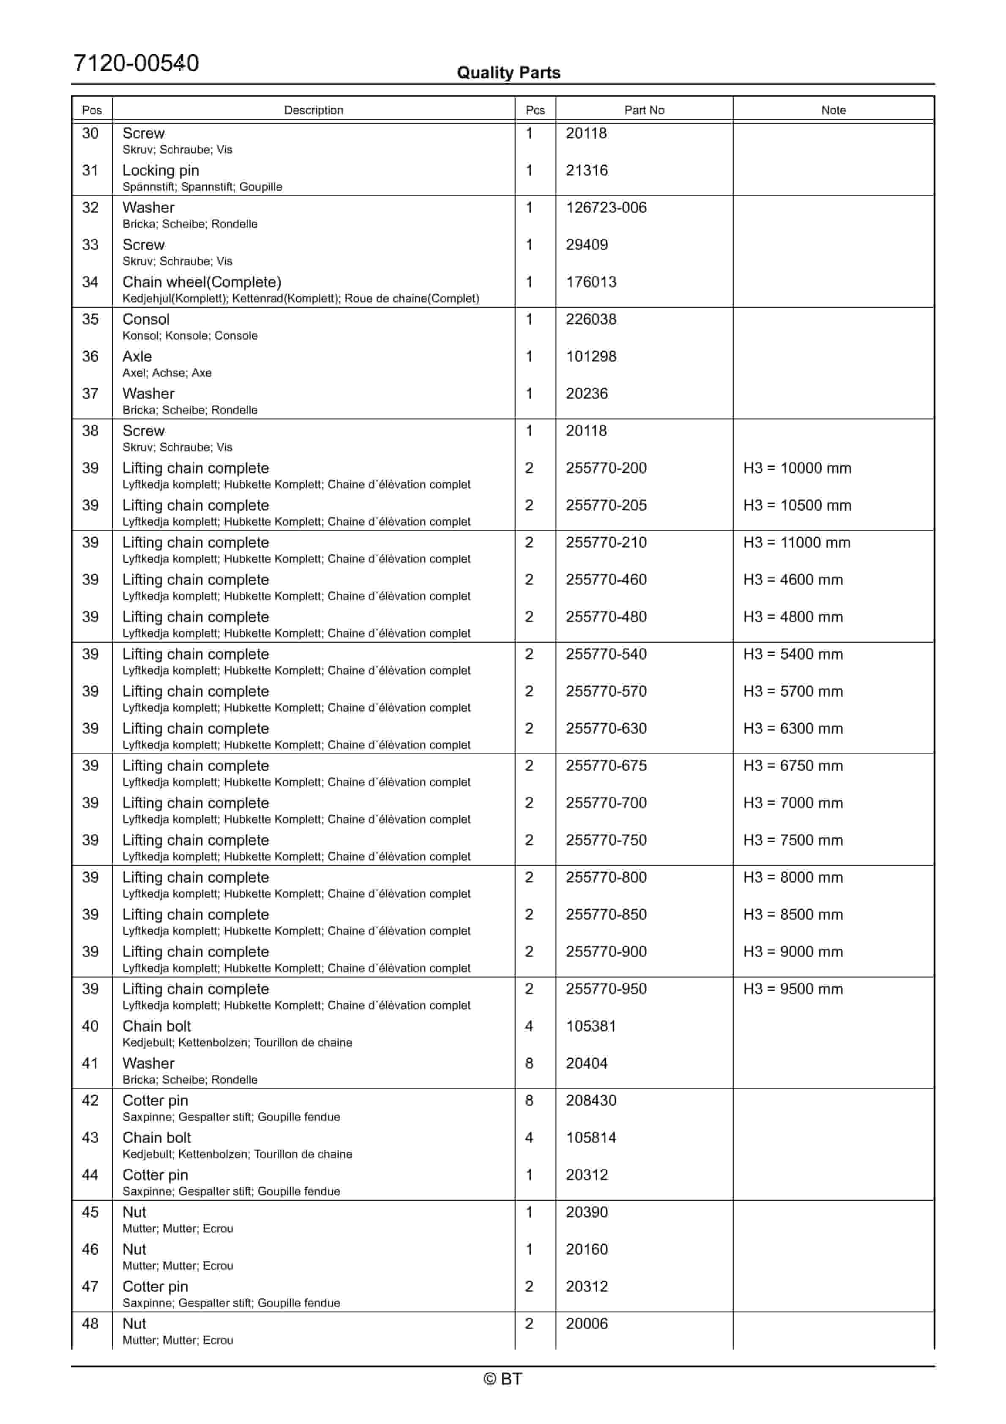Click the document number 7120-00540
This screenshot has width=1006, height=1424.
click(x=136, y=63)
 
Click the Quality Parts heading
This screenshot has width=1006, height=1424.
click(x=508, y=73)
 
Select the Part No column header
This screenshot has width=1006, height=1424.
click(x=644, y=110)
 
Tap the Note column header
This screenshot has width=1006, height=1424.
click(x=833, y=110)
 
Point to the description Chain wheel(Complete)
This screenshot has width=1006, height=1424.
click(x=202, y=282)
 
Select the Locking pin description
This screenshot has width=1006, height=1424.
click(x=161, y=170)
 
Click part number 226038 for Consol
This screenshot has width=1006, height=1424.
click(x=590, y=319)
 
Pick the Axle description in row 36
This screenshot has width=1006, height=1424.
click(x=137, y=356)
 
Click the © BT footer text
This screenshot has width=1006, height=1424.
click(x=503, y=1379)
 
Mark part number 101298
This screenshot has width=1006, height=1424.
click(x=590, y=356)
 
